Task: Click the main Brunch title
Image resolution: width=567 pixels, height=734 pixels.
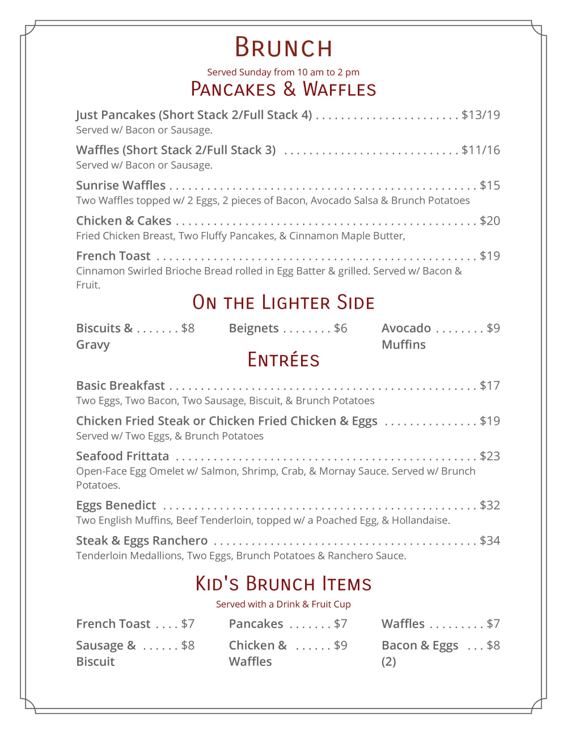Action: [x=283, y=48]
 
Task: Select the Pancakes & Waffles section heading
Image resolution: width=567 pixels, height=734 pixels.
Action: [x=283, y=90]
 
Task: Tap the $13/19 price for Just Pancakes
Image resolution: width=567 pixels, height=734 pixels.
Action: [x=480, y=115]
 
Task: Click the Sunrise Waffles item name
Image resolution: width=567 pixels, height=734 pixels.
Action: [x=121, y=185]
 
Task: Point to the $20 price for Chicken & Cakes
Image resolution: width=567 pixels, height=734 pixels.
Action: [x=489, y=221]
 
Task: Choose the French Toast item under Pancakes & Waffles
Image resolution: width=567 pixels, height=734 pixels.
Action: [x=113, y=256]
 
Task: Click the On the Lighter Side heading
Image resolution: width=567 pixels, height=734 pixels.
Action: [x=283, y=302]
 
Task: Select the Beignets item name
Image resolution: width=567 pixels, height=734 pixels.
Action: [x=253, y=328]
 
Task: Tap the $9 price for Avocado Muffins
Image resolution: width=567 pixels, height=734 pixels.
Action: [x=493, y=328]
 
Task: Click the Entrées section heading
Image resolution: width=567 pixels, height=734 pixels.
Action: [x=283, y=360]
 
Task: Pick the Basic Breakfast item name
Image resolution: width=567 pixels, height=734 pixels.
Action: [x=120, y=386]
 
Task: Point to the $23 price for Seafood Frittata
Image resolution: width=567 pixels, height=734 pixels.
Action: [x=489, y=456]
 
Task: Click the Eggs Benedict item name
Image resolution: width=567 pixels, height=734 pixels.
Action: [x=116, y=505]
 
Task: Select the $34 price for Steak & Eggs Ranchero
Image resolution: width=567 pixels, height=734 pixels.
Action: [x=489, y=541]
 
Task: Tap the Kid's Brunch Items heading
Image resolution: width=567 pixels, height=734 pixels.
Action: [x=283, y=584]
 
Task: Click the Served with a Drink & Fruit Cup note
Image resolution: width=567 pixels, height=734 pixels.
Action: [x=283, y=604]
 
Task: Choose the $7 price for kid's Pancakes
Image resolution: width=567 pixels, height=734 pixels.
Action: [x=340, y=624]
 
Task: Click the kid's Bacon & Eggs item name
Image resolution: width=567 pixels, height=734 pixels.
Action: [x=420, y=646]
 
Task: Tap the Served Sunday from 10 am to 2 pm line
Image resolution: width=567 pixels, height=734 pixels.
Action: [x=283, y=72]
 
